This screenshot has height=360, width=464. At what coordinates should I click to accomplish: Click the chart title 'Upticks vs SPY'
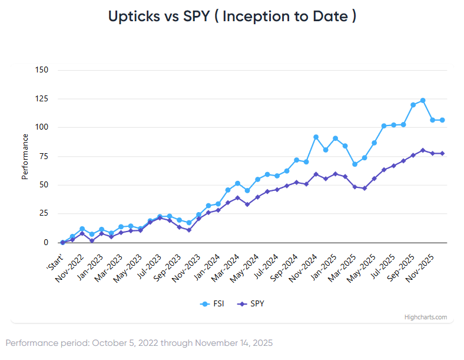coord(232,16)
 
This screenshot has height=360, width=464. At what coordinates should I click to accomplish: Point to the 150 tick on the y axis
coord(42,70)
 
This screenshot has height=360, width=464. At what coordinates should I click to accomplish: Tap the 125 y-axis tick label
coord(42,99)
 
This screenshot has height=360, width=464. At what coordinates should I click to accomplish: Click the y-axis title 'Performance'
coord(25,156)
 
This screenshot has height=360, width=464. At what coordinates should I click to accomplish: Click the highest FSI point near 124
coord(423,101)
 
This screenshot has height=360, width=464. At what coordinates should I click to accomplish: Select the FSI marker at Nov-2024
coord(316,137)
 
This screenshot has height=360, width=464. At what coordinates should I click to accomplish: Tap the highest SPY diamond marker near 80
coord(423,150)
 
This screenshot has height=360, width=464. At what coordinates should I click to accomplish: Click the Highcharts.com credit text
coord(425,317)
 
